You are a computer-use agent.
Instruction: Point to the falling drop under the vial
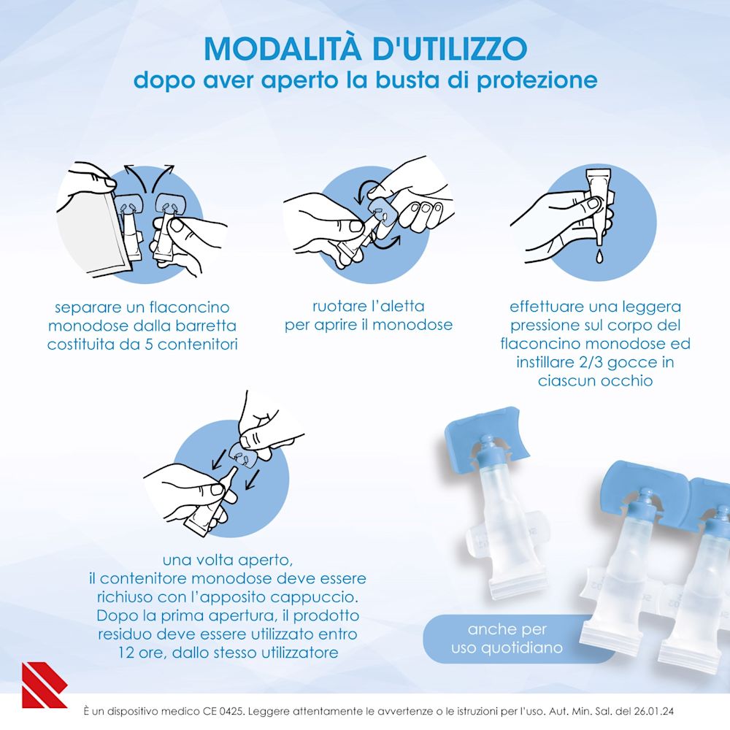click(x=596, y=255)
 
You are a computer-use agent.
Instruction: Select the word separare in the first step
click(x=85, y=307)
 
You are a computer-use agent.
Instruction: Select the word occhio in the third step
click(x=627, y=381)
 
